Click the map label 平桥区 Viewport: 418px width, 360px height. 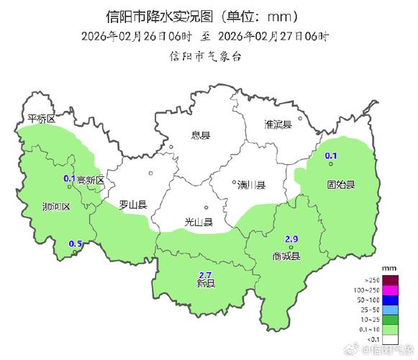pos(41,119)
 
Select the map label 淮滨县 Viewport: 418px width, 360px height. pos(278,125)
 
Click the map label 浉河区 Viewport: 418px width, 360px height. pos(56,207)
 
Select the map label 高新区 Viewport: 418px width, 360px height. pos(91,180)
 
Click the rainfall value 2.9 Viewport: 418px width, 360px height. pos(291,239)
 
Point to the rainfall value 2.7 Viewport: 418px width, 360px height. pos(204,274)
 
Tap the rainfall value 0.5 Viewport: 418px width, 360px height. pos(75,244)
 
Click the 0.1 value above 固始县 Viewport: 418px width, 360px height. pos(332,156)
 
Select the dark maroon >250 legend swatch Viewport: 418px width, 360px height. pos(390,280)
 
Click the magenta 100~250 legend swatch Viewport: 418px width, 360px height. pos(390,289)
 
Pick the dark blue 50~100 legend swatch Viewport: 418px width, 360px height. pos(390,300)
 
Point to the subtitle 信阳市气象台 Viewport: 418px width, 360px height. pos(204,54)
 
